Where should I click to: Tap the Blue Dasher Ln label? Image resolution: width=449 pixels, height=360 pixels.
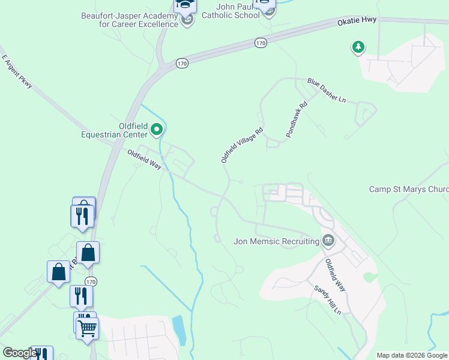tap(327, 90)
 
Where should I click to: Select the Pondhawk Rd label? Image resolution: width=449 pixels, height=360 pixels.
tap(297, 120)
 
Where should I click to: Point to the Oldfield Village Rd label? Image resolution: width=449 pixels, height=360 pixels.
tap(242, 145)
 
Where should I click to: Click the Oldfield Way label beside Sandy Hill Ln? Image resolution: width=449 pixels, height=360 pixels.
tap(335, 275)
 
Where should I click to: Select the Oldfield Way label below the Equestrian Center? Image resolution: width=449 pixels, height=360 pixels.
tap(145, 160)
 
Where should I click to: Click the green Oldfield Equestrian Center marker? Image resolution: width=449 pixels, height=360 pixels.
tap(157, 128)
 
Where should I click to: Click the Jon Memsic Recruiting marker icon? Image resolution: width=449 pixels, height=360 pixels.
tap(328, 241)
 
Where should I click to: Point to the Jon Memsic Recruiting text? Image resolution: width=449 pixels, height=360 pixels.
tap(276, 241)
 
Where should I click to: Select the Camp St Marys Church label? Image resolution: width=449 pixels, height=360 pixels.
tap(408, 190)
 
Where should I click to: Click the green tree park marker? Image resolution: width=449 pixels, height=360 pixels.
tap(358, 47)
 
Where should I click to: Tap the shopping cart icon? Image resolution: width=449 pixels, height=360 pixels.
tap(88, 328)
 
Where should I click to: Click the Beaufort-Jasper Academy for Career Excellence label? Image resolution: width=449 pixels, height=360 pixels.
tap(130, 20)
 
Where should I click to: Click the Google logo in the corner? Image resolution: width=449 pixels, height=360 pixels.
tap(20, 353)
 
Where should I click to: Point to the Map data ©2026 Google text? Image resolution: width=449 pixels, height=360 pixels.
tap(412, 355)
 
